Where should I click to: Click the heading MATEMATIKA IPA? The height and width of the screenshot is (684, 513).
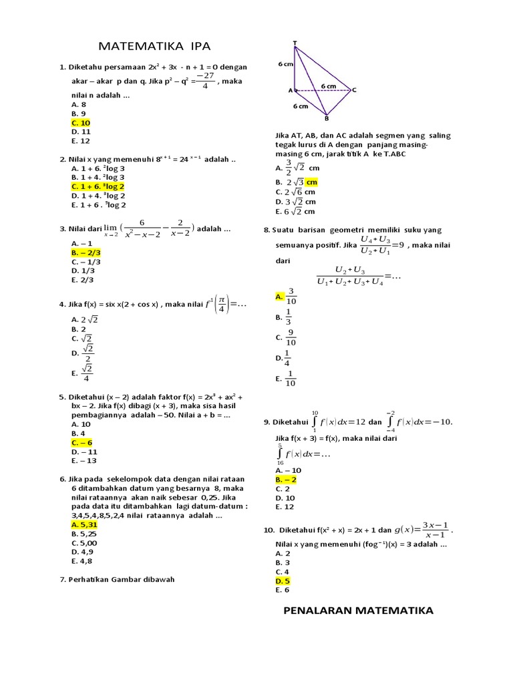(x=154, y=46)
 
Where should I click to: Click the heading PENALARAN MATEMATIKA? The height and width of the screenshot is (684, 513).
(x=358, y=610)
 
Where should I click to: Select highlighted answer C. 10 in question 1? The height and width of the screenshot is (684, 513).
(x=80, y=123)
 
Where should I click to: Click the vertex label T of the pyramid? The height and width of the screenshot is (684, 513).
(x=295, y=43)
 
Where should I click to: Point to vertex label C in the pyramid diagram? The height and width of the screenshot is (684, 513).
(x=354, y=90)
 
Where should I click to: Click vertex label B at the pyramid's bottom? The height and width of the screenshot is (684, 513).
(x=326, y=119)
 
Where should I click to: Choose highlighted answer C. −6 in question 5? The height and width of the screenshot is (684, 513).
(x=81, y=443)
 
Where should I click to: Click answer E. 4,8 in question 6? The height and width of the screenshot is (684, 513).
(x=81, y=561)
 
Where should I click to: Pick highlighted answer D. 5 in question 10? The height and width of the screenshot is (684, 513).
(x=283, y=581)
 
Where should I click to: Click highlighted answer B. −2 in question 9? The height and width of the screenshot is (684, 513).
(x=285, y=479)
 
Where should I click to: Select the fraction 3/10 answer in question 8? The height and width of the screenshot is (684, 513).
(x=291, y=296)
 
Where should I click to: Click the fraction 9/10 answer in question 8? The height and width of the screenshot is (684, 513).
(x=291, y=337)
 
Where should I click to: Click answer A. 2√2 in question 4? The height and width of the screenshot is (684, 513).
(x=85, y=320)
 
